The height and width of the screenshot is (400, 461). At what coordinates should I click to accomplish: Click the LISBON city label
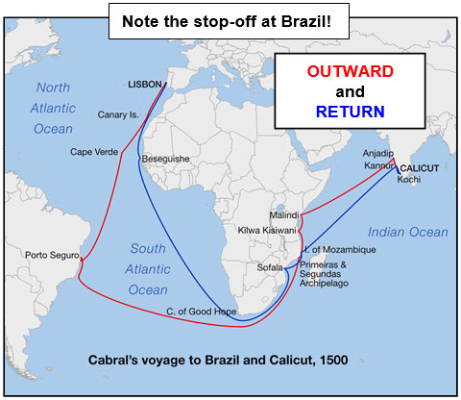[147, 85]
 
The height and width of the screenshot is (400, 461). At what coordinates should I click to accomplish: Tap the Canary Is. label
[120, 115]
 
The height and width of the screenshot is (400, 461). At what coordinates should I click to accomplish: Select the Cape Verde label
[93, 152]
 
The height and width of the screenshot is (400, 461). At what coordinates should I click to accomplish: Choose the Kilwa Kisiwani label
[268, 231]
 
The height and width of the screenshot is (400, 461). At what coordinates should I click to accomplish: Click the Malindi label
[286, 214]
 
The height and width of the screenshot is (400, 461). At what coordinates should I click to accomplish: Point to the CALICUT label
[420, 167]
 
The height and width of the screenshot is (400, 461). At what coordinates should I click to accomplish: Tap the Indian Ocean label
[404, 232]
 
